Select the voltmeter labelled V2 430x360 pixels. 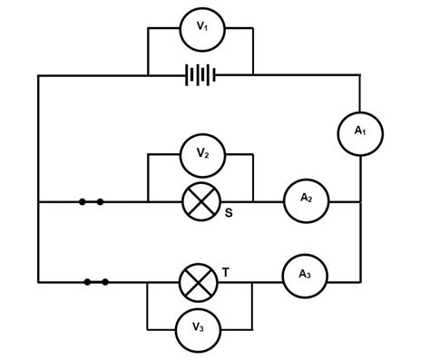tap(200, 155)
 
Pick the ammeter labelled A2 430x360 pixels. tap(307, 199)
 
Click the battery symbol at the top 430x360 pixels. tap(200, 75)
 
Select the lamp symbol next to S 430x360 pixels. tap(200, 200)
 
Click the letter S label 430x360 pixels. tap(229, 214)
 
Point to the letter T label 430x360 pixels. tap(227, 270)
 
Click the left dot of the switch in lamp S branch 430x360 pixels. tap(82, 200)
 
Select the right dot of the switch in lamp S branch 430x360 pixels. tap(99, 200)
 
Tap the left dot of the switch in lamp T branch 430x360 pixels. tap(87, 282)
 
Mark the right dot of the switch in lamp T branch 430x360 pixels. tap(105, 282)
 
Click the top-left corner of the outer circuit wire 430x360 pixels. tap(39, 75)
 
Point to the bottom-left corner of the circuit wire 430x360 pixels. tap(39, 282)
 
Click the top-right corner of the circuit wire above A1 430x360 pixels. tap(360, 75)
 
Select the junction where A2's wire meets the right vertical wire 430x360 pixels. tap(360, 199)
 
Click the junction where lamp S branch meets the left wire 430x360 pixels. tap(39, 200)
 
